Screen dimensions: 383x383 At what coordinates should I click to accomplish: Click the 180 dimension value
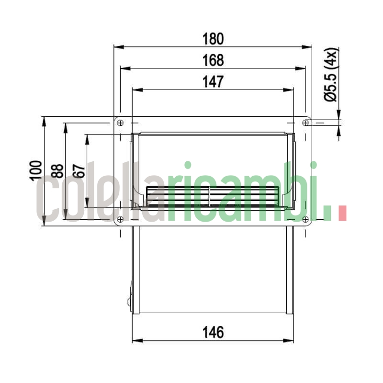[x=213, y=38]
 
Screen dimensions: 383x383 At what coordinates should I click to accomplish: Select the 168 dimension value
[x=213, y=60]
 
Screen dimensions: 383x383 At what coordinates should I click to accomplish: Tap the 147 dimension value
[x=213, y=82]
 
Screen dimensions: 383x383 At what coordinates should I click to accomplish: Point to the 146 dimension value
[x=213, y=332]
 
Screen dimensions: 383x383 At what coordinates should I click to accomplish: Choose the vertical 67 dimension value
[x=79, y=170]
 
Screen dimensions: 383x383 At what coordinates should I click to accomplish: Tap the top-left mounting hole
[x=120, y=123]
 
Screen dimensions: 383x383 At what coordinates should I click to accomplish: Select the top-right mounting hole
[x=305, y=123]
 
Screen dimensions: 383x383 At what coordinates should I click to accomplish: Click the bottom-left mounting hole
[x=120, y=219]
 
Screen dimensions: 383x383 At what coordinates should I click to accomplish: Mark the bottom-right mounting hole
[x=305, y=220]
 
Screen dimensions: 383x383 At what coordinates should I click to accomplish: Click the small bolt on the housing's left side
[x=129, y=302]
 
